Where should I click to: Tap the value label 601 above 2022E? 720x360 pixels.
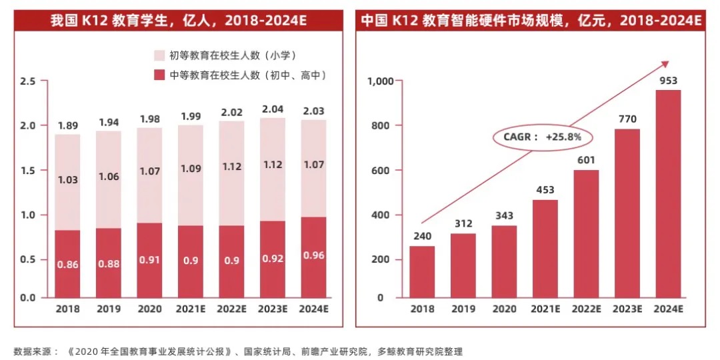(x=586, y=159)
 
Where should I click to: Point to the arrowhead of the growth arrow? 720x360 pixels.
(x=665, y=63)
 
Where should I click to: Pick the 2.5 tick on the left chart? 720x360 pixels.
(x=28, y=81)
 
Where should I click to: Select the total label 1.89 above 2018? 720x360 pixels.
(x=67, y=125)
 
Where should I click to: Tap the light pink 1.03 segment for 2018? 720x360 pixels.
(x=67, y=180)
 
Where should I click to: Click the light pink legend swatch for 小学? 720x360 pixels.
(x=159, y=55)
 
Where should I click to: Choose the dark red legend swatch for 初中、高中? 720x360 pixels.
(x=159, y=75)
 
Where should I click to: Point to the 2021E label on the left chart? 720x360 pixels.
(x=190, y=309)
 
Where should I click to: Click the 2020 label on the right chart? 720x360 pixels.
(x=504, y=309)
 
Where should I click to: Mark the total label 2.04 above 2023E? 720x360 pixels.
(x=273, y=109)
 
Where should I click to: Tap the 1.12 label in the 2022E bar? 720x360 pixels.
(x=231, y=167)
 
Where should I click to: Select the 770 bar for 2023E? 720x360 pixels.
(x=627, y=213)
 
